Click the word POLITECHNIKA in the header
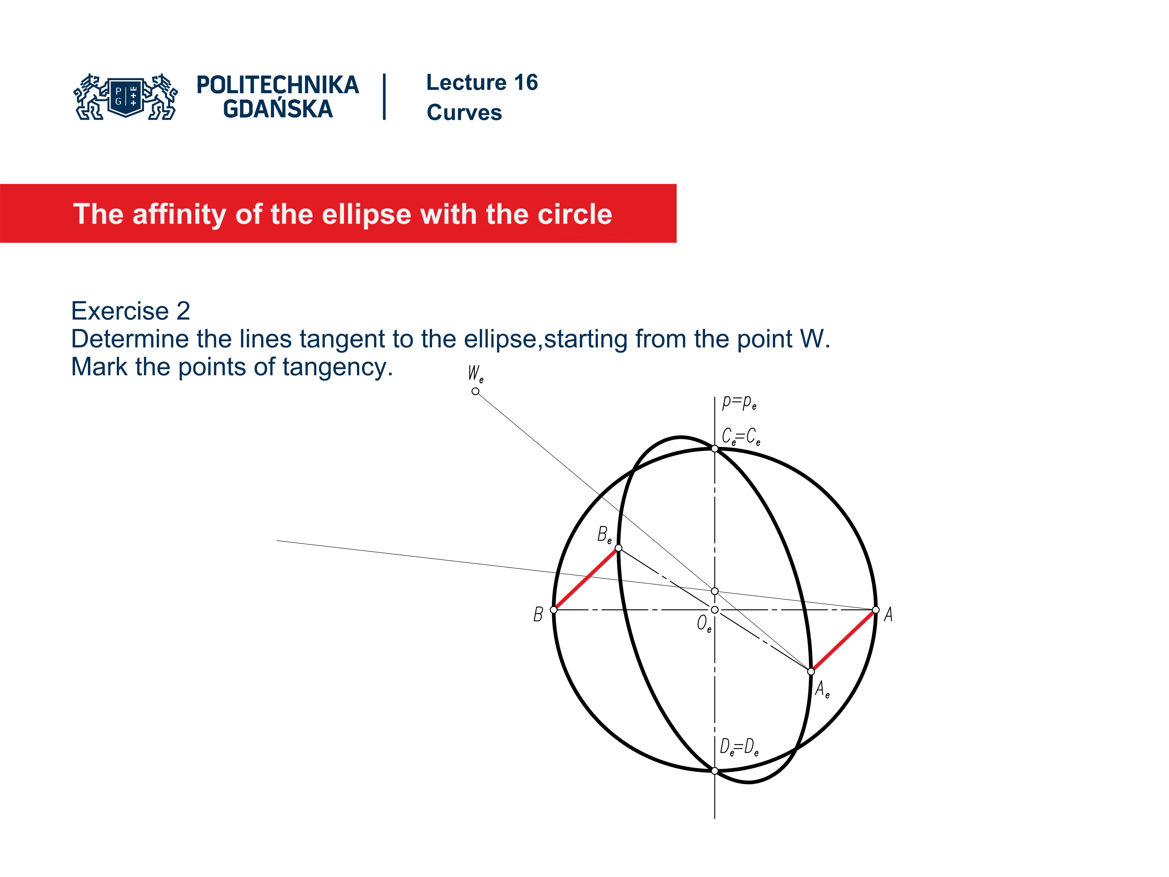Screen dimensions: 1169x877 click(x=277, y=85)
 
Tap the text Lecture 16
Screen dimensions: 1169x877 click(x=482, y=83)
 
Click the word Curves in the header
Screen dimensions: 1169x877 click(x=464, y=113)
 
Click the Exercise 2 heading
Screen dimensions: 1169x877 click(x=131, y=311)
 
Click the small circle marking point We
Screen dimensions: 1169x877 click(x=476, y=391)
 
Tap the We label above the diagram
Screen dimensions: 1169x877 click(x=476, y=374)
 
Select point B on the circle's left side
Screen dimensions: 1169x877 click(x=554, y=610)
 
